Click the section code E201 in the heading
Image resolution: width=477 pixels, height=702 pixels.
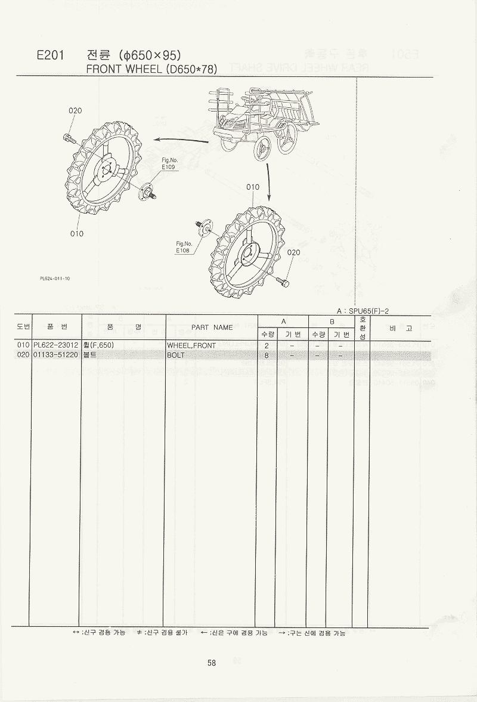point(51,55)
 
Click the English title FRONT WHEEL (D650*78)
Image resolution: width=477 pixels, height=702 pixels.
point(151,69)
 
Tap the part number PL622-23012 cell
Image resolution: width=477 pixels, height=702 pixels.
point(56,345)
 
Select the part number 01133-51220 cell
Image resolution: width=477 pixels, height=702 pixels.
point(56,355)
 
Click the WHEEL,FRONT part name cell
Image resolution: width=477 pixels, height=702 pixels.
point(191,345)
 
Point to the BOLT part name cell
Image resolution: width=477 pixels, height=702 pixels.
point(176,355)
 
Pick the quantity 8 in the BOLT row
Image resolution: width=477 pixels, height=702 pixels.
point(267,355)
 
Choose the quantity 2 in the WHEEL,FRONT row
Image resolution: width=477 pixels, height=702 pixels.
point(267,345)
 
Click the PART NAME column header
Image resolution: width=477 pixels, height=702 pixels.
point(212,327)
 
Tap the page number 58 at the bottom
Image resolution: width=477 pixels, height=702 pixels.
point(212,663)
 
